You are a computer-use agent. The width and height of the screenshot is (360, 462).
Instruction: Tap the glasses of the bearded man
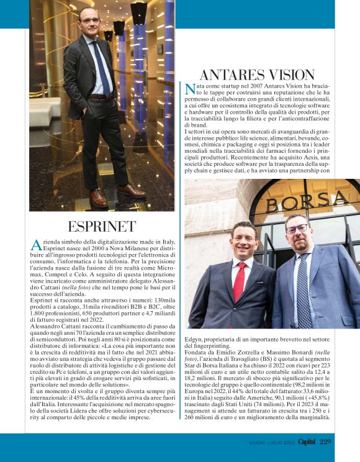[x=297, y=229]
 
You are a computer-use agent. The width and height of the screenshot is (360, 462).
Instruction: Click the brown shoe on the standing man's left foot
[x=99, y=197]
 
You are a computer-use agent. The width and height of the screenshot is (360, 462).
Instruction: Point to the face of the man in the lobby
[x=89, y=24]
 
